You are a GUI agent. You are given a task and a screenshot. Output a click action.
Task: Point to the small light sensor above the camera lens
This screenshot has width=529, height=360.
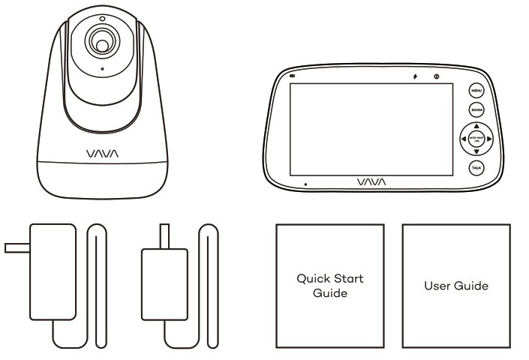tap(101, 17)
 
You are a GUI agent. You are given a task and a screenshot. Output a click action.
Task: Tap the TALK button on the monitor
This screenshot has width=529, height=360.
tap(475, 168)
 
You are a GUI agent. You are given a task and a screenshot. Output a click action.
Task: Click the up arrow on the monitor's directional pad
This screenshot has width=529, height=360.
tap(475, 125)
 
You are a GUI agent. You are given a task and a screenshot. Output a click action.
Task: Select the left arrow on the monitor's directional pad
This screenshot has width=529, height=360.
tap(461, 139)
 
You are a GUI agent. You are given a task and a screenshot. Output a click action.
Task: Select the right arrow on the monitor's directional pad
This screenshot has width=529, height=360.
tap(488, 139)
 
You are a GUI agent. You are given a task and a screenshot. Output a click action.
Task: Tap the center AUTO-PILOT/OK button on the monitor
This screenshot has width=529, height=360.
tap(475, 139)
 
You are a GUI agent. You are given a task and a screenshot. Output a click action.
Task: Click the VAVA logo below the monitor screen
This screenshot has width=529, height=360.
tap(372, 181)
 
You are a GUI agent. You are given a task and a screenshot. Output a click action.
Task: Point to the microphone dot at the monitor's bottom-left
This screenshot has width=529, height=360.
tap(305, 182)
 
